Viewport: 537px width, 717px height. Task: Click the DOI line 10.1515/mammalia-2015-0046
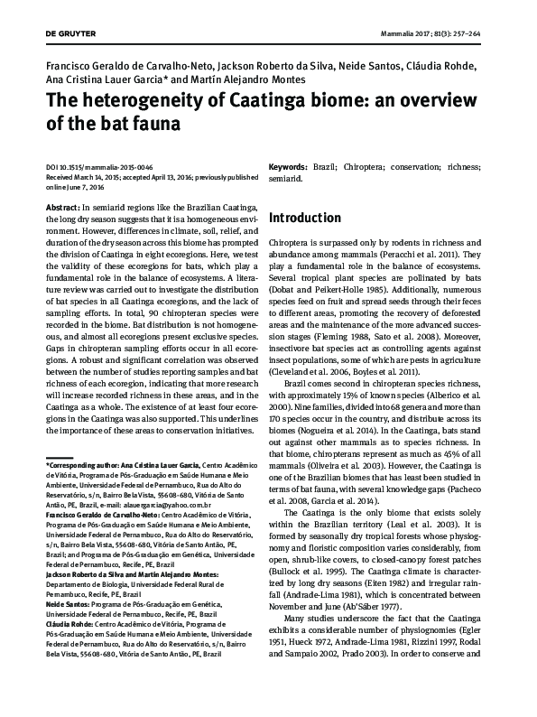coord(92,168)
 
